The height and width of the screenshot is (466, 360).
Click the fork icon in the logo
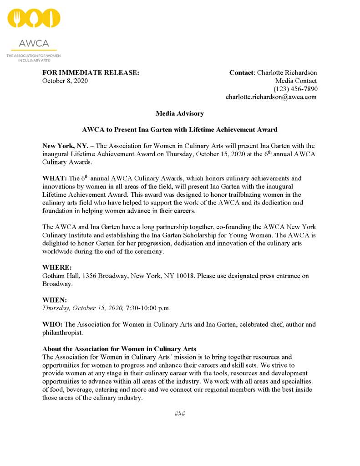click(17, 19)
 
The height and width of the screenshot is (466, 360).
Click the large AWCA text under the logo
click(34, 44)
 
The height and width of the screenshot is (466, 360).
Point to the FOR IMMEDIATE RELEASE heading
click(91, 72)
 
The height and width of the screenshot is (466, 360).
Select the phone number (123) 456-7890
click(295, 89)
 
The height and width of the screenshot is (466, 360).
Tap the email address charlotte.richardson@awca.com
click(271, 97)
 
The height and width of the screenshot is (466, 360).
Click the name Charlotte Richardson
click(287, 72)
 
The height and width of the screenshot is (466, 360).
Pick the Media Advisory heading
click(180, 113)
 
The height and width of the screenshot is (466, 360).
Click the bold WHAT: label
click(55, 178)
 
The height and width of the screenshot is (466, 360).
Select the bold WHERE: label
click(57, 267)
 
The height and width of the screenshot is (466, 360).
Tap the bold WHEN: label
click(55, 300)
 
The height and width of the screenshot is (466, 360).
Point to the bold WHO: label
click(53, 324)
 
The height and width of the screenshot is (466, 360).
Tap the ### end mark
click(180, 414)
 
